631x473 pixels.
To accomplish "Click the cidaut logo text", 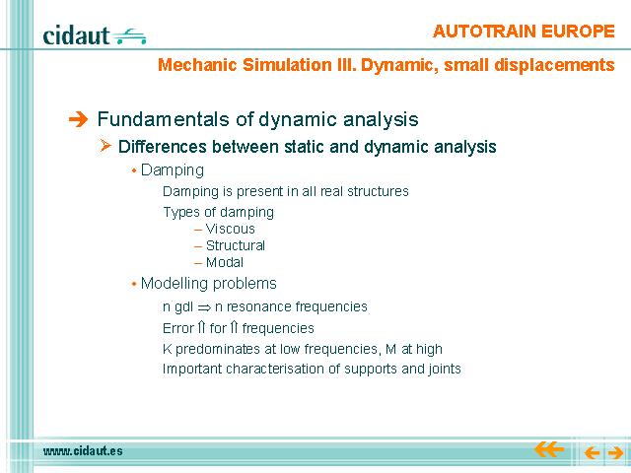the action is pos(76,35).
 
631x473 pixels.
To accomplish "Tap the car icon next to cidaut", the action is pos(129,36).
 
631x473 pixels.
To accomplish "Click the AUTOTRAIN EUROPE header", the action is pos(524,32).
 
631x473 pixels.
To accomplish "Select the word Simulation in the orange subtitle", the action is pos(288,65).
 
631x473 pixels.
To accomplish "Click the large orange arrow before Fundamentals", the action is pos(78,119).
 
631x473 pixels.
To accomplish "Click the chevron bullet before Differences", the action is pos(105,145).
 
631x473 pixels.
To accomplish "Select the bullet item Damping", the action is pos(173,170).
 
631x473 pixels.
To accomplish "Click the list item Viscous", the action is pos(230,229).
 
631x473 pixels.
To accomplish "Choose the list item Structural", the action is pos(236,245).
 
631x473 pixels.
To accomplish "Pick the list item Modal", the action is pos(225,262).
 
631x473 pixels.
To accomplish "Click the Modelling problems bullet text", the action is pos(208,284).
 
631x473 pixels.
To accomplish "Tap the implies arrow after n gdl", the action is pos(204,308).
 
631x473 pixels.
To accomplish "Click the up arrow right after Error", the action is pos(201,328).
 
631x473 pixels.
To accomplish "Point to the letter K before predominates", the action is pos(167,349).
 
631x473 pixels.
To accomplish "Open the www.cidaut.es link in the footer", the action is pos(83,451).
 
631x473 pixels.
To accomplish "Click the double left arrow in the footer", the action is pos(549,449).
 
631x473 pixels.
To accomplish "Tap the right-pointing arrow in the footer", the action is pos(615,453).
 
